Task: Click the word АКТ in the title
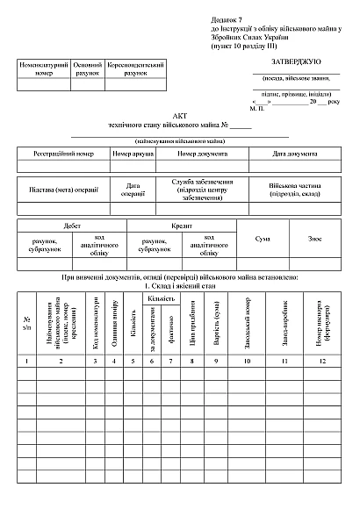click(x=180, y=116)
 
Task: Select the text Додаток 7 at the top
click(x=229, y=18)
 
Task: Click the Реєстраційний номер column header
click(x=63, y=154)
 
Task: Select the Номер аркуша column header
click(x=133, y=154)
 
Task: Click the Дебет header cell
click(x=72, y=226)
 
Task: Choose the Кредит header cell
click(x=182, y=226)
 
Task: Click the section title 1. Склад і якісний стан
click(x=180, y=286)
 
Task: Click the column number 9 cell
click(x=216, y=361)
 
